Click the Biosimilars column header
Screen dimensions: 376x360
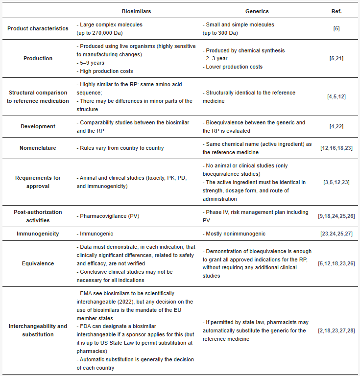(136, 11)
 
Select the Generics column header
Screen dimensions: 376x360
(257, 11)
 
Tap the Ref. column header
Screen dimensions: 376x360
(336, 11)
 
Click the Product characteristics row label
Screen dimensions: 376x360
(38, 28)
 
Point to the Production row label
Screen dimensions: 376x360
(38, 59)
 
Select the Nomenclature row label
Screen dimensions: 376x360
(38, 148)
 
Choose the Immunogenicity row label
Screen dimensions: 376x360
(38, 234)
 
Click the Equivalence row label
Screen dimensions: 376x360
(38, 263)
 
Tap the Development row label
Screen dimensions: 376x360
(38, 126)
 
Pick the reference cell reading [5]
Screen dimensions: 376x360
(336, 28)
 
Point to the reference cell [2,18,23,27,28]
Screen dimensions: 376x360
(336, 330)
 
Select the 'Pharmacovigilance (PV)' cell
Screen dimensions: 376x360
(110, 216)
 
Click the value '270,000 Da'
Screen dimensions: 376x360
(110, 33)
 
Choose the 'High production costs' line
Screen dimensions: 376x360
(107, 71)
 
